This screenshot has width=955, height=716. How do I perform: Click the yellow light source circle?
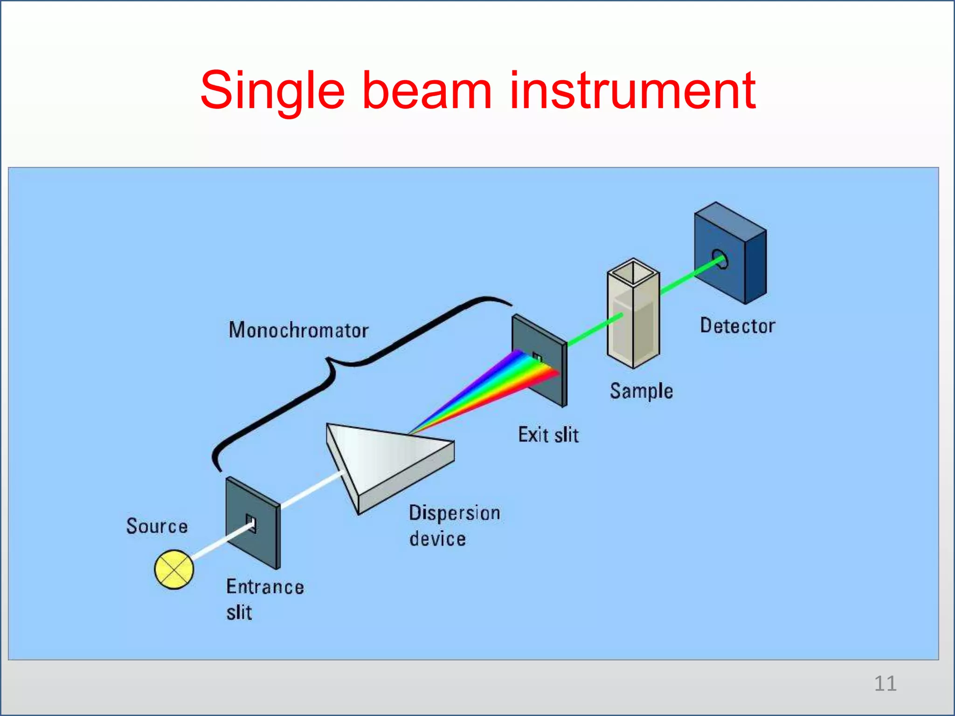(x=174, y=569)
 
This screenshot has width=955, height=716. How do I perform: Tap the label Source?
(x=157, y=526)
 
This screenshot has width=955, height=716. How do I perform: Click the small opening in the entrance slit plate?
(x=251, y=522)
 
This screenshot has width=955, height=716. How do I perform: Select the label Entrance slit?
(x=264, y=599)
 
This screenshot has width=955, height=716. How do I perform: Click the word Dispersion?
(x=455, y=513)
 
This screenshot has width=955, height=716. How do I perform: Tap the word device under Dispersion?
(x=437, y=539)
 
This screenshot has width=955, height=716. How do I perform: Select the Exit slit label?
(x=548, y=434)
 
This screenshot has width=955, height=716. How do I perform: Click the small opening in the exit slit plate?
(x=538, y=358)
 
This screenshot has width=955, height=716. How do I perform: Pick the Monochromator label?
(x=298, y=330)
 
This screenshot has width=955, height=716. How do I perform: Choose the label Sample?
(x=642, y=391)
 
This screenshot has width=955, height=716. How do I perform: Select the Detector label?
(x=738, y=325)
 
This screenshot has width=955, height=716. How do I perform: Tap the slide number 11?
(x=885, y=683)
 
